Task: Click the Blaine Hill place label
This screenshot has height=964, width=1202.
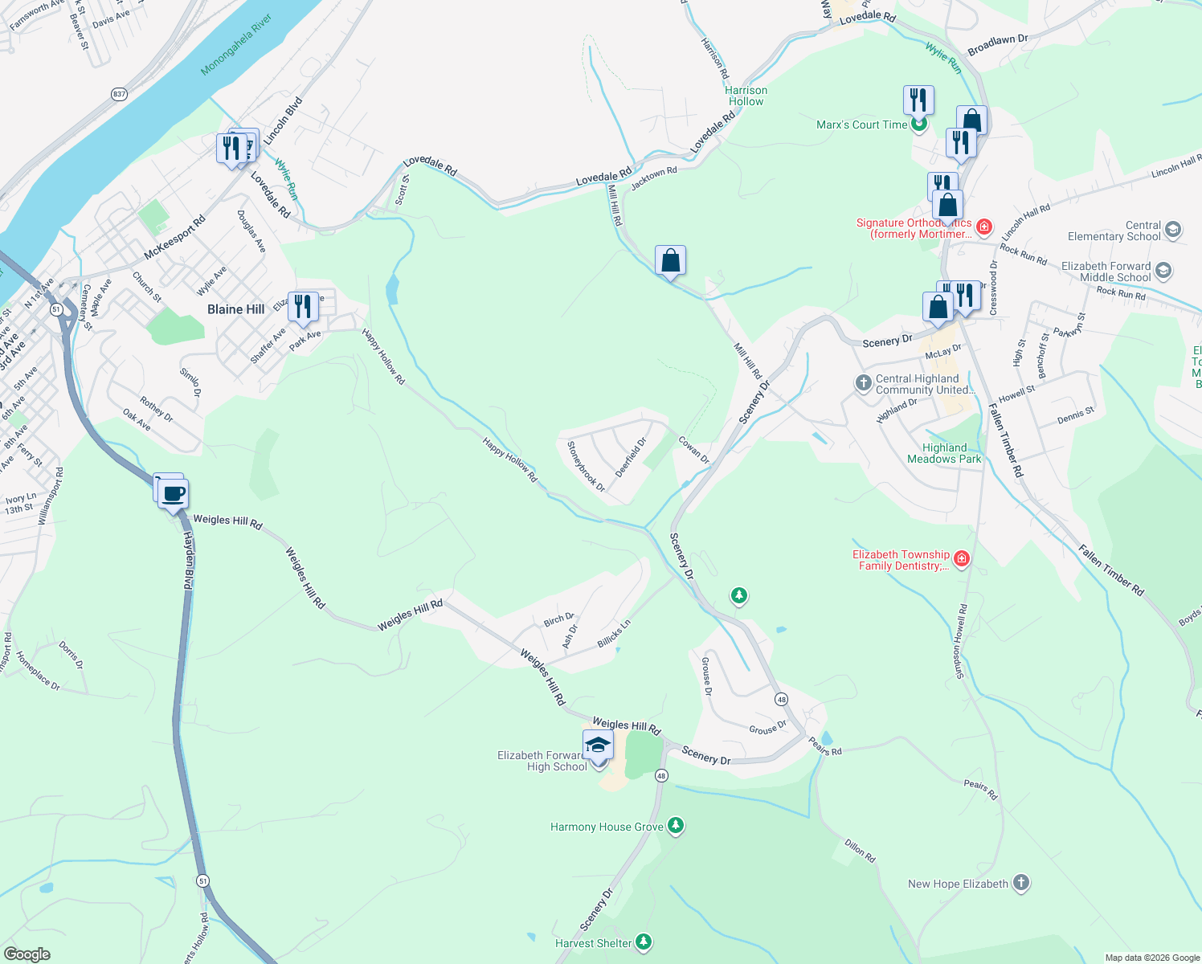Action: coord(235,309)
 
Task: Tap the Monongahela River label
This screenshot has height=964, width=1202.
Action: coord(237,45)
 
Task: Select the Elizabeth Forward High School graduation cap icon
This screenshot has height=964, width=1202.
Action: coord(598,746)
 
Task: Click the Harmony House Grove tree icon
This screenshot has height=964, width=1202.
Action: coord(676,826)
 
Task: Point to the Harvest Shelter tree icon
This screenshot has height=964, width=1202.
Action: coord(643,942)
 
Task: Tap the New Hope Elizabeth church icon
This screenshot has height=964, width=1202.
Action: coord(1020,883)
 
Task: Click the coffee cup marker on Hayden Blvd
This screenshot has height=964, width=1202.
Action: coord(174,493)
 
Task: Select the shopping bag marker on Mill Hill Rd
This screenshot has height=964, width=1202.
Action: coord(670,261)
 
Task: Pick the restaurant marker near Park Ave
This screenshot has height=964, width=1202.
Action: coord(303,307)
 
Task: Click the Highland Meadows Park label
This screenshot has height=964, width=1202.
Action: coord(944,453)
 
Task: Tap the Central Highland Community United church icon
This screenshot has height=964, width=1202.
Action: coord(864,382)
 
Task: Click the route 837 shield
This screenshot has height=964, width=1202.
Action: coord(119,94)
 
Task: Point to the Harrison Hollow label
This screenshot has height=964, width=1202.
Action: coord(746,96)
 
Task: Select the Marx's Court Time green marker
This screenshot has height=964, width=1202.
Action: coord(919,124)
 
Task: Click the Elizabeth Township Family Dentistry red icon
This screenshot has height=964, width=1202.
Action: coord(962,558)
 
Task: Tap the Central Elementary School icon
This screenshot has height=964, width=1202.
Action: coord(1172,230)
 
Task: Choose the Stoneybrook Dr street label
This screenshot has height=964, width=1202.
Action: coord(587,466)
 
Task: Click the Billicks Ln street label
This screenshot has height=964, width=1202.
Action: coord(614,634)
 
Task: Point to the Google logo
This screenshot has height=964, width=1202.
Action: coord(27,954)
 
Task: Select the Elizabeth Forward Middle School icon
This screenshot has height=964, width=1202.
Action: coord(1163,271)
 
